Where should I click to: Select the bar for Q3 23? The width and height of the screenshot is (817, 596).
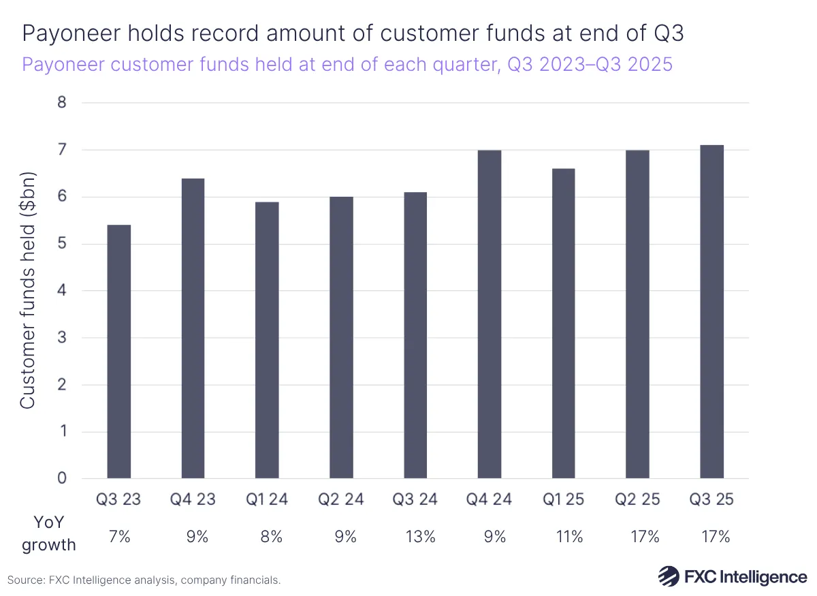pos(118,351)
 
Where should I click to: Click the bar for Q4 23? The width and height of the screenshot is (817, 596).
pos(193,328)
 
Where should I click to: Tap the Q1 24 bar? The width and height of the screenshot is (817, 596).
pos(267,340)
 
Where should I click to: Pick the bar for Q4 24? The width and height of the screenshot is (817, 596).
pos(490,314)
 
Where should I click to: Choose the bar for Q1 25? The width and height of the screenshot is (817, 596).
pos(563,324)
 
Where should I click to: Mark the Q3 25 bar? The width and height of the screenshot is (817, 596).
pos(711,312)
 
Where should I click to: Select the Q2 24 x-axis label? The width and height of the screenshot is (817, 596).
pos(341,500)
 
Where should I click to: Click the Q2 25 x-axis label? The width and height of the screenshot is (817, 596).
pos(637,500)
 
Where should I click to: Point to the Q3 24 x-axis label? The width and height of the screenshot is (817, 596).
pos(415,500)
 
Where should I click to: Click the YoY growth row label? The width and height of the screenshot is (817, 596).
pos(48,533)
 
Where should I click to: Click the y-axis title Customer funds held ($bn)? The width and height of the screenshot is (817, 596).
pos(27,290)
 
